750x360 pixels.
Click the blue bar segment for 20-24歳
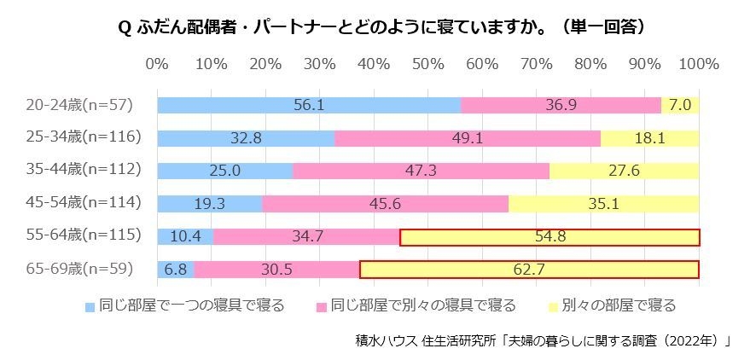pos(308,105)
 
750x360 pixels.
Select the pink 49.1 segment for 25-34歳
pos(468,137)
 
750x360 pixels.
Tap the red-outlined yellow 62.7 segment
pos(529,270)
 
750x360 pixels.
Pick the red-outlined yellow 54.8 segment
pos(549,236)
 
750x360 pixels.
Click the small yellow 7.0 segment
pos(680,105)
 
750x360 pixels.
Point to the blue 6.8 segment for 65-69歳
pos(175,270)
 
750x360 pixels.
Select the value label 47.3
pos(421,171)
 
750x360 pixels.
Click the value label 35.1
pos(604,203)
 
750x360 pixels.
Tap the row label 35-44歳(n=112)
pos(83,170)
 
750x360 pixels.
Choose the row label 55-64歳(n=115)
pos(83,236)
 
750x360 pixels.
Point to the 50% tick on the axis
pos(427,65)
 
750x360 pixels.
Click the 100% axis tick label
pos(698,65)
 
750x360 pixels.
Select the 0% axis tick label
pos(157,65)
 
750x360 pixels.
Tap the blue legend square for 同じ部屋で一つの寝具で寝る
pos(90,305)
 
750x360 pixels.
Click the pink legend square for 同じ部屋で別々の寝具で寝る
pos(322,305)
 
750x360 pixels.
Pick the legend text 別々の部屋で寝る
pos(620,305)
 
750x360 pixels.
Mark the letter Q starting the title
pos(123,27)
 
